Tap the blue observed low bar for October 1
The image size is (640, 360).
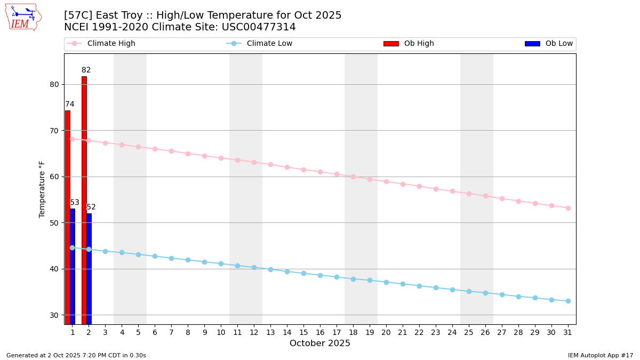(x=73, y=267)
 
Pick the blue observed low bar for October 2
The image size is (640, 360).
(x=89, y=269)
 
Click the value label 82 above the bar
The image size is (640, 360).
(x=86, y=70)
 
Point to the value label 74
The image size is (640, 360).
(x=70, y=105)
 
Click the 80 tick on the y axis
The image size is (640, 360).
(x=54, y=84)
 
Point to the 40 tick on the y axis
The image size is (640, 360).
(x=54, y=269)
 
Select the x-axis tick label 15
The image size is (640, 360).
(x=303, y=332)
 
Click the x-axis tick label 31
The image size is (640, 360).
(x=568, y=332)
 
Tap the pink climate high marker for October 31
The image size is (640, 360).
(x=568, y=208)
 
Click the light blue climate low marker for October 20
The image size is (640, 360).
(x=386, y=282)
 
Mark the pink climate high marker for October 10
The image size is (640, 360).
(x=221, y=158)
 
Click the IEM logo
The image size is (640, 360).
(x=23, y=17)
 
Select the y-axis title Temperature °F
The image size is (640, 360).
(x=43, y=189)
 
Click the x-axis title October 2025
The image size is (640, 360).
(x=320, y=343)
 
